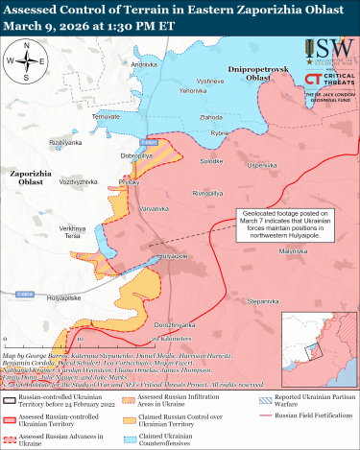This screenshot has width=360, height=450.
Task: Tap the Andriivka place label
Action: pos(144,63)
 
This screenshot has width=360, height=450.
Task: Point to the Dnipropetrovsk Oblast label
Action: pos(254,74)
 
